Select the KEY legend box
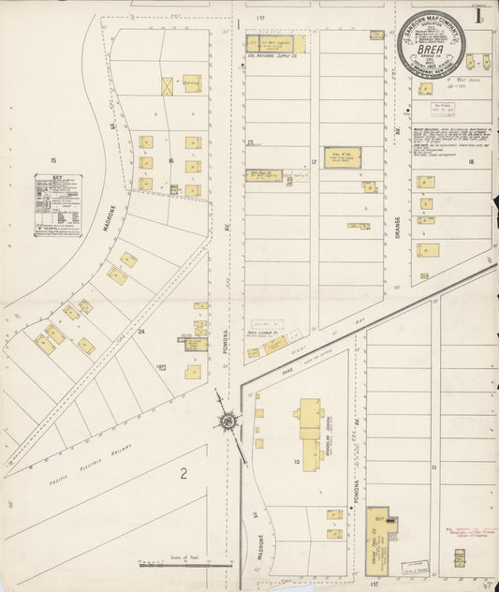click(x=57, y=204)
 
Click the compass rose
click(x=227, y=422)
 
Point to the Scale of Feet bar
click(x=185, y=564)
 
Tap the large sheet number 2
click(x=183, y=474)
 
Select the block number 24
click(x=142, y=332)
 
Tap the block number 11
click(x=433, y=466)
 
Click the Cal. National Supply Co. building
click(x=270, y=43)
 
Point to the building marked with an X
click(x=168, y=84)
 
